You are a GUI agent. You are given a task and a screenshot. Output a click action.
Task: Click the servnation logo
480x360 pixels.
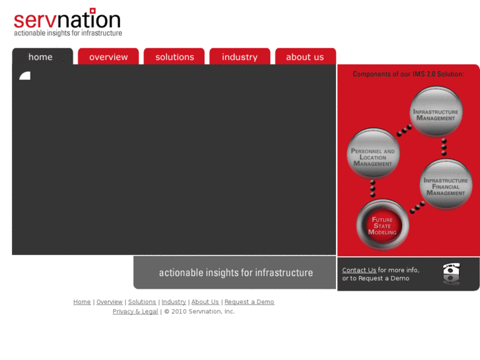[x=67, y=22]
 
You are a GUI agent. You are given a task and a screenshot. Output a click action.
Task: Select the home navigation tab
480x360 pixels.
[x=41, y=57]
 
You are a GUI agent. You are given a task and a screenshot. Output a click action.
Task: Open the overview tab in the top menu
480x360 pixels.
[x=108, y=57]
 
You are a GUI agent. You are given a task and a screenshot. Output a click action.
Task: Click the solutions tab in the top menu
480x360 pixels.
[x=174, y=57]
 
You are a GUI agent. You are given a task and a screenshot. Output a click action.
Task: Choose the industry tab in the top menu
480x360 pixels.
[x=240, y=57]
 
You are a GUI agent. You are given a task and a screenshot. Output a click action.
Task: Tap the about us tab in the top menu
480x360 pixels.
[x=305, y=57]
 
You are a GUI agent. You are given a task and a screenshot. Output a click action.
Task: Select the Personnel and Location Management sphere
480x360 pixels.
[x=373, y=156]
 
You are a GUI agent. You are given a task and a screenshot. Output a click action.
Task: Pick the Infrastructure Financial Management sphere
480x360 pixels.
[x=446, y=186]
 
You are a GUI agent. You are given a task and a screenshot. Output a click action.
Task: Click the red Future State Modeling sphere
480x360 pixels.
[x=382, y=225]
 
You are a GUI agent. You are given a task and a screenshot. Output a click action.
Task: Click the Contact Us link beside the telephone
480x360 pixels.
[x=359, y=270]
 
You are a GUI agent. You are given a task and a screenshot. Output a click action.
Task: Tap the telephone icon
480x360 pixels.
[x=452, y=273]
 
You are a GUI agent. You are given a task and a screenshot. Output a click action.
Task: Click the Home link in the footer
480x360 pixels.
[x=82, y=302]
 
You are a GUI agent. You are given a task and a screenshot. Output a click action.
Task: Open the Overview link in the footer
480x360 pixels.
[x=110, y=302]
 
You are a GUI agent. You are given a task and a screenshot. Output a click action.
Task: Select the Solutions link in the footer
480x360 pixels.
[x=142, y=302]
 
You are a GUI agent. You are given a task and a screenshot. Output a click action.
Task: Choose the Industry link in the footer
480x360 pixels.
[x=174, y=302]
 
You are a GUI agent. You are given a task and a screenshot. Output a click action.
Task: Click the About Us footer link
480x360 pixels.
[x=205, y=302]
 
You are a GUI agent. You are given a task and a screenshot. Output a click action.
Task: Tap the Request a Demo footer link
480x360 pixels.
[x=249, y=302]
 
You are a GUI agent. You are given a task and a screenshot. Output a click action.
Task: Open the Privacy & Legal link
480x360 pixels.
[x=135, y=311]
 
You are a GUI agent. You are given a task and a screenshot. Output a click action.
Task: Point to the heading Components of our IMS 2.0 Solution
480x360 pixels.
[x=408, y=74]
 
